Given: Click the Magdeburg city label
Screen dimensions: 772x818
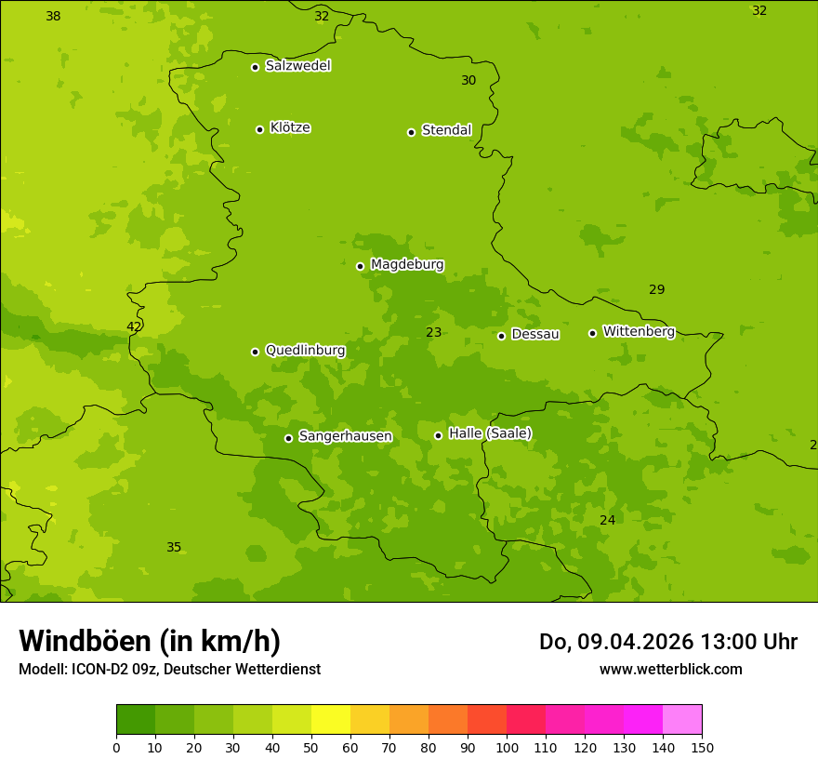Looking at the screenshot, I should coord(407,265).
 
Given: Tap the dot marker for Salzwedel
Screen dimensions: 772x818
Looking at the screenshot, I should coord(255,67).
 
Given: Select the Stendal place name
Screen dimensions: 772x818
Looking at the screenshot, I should coord(447,130).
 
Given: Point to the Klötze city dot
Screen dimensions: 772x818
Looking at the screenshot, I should coord(259,129).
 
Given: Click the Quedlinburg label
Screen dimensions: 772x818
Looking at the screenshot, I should coord(305,351).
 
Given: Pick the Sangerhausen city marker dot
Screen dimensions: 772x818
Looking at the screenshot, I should coord(288,438).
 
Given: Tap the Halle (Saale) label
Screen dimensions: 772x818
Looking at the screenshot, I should coord(490,433).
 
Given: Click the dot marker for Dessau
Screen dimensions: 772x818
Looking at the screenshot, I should coord(501,336).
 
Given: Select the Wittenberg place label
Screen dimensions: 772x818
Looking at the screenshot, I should coord(639,331).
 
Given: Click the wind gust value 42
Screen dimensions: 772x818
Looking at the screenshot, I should coord(134,326).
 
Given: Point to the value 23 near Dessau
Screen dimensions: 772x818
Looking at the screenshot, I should coord(434,332).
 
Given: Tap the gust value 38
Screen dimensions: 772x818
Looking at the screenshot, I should coord(53,16).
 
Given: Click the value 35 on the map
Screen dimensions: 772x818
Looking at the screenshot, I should coord(174,547).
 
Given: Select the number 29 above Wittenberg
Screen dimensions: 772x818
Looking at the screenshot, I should coord(656,289).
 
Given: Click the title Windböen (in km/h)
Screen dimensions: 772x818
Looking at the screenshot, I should coord(150,641).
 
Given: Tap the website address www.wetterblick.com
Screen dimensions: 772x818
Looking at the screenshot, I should coord(670,669).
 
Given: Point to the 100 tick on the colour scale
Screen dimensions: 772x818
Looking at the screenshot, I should coord(507,747).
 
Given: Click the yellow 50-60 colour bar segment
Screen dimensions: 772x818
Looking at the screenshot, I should coord(331,720).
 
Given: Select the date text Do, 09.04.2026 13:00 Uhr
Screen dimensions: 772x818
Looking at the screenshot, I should coord(667,642).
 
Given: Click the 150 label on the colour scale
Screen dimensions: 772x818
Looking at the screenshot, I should coord(701,747).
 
